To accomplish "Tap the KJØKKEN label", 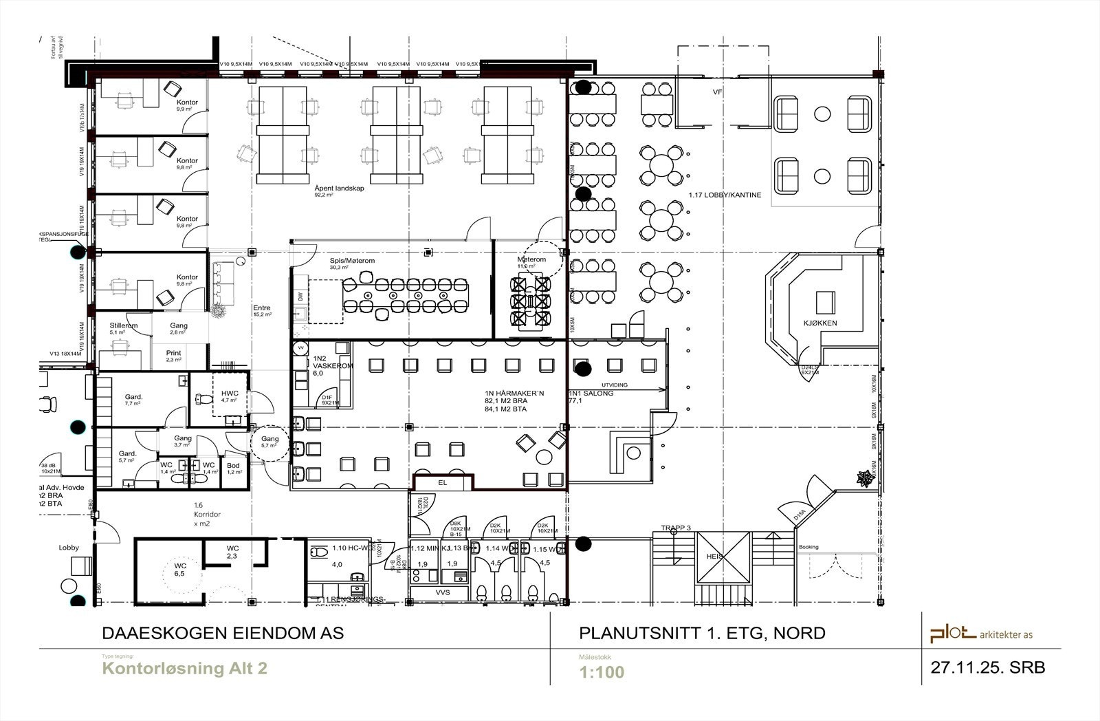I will click(x=819, y=322).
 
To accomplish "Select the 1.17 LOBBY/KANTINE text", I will click(x=725, y=195).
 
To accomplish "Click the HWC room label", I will click(x=229, y=394).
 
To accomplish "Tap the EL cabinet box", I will click(x=443, y=483).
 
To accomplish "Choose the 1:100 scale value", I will click(x=602, y=671).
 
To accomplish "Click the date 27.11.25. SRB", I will click(x=987, y=667).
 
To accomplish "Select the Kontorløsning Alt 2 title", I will click(x=184, y=668).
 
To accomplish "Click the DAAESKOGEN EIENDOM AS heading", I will click(x=223, y=633).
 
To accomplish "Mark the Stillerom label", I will click(x=124, y=325).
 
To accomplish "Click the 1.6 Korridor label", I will click(x=202, y=515).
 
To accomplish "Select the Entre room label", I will click(x=261, y=308).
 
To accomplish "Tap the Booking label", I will click(x=808, y=547).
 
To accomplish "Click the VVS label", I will click(x=443, y=592).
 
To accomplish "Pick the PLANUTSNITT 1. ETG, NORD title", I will click(x=702, y=633).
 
